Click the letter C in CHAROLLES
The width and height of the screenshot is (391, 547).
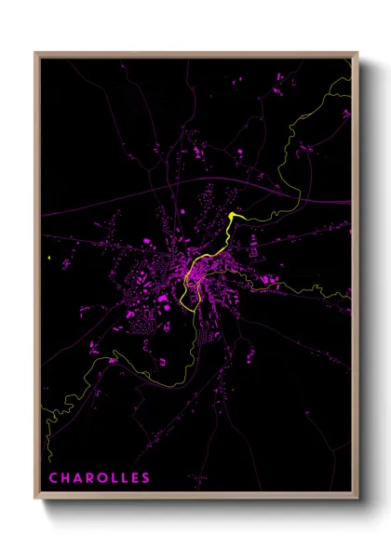53,478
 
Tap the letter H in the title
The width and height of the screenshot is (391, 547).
65,478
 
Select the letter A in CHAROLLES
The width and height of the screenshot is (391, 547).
78,478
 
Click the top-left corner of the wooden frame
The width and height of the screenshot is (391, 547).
35,53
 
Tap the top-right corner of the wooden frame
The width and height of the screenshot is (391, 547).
357,53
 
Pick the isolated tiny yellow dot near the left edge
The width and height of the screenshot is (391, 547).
46,258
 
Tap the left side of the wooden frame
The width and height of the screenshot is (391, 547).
36,279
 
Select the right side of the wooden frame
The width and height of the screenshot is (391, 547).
356,279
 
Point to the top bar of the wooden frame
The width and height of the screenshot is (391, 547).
195,54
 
